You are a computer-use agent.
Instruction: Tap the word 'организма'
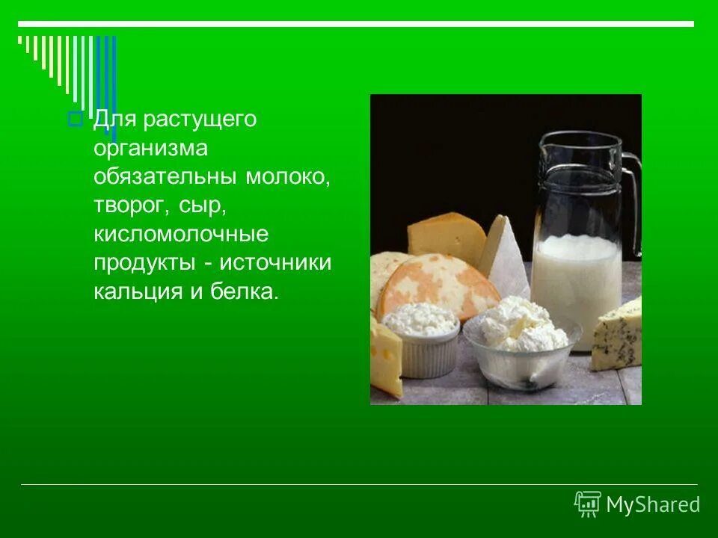[150, 149]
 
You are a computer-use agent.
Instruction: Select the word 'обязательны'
[165, 177]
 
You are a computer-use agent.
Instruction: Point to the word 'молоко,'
[286, 177]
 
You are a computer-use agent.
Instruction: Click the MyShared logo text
[653, 505]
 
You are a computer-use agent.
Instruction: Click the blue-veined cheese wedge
[618, 334]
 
